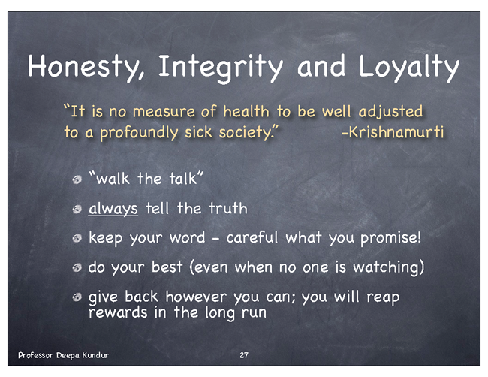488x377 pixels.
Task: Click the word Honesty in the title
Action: point(86,67)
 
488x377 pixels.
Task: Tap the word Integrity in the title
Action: point(220,68)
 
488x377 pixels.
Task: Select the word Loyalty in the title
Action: point(409,68)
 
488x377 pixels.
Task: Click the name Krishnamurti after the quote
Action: point(393,131)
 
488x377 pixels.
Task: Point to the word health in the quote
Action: point(246,111)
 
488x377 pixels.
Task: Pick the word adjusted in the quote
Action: point(390,112)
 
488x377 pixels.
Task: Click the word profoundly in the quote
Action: point(139,133)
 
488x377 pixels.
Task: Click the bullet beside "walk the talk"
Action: point(77,179)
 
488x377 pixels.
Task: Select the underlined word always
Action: point(113,209)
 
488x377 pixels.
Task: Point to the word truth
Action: point(228,208)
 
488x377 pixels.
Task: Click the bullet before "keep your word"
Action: point(77,239)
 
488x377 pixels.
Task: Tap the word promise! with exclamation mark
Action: point(391,239)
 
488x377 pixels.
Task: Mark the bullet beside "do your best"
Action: point(77,267)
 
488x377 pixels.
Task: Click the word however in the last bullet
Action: point(196,297)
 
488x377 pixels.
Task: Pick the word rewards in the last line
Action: point(118,312)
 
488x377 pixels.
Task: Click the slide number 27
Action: point(244,355)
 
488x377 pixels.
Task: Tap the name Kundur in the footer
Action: point(95,355)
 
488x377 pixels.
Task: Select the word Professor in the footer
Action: point(35,355)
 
